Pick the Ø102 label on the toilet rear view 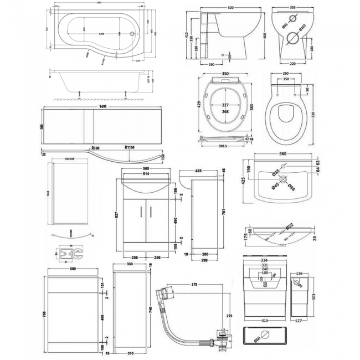pos(303,27)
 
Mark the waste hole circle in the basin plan pos(282,179)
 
